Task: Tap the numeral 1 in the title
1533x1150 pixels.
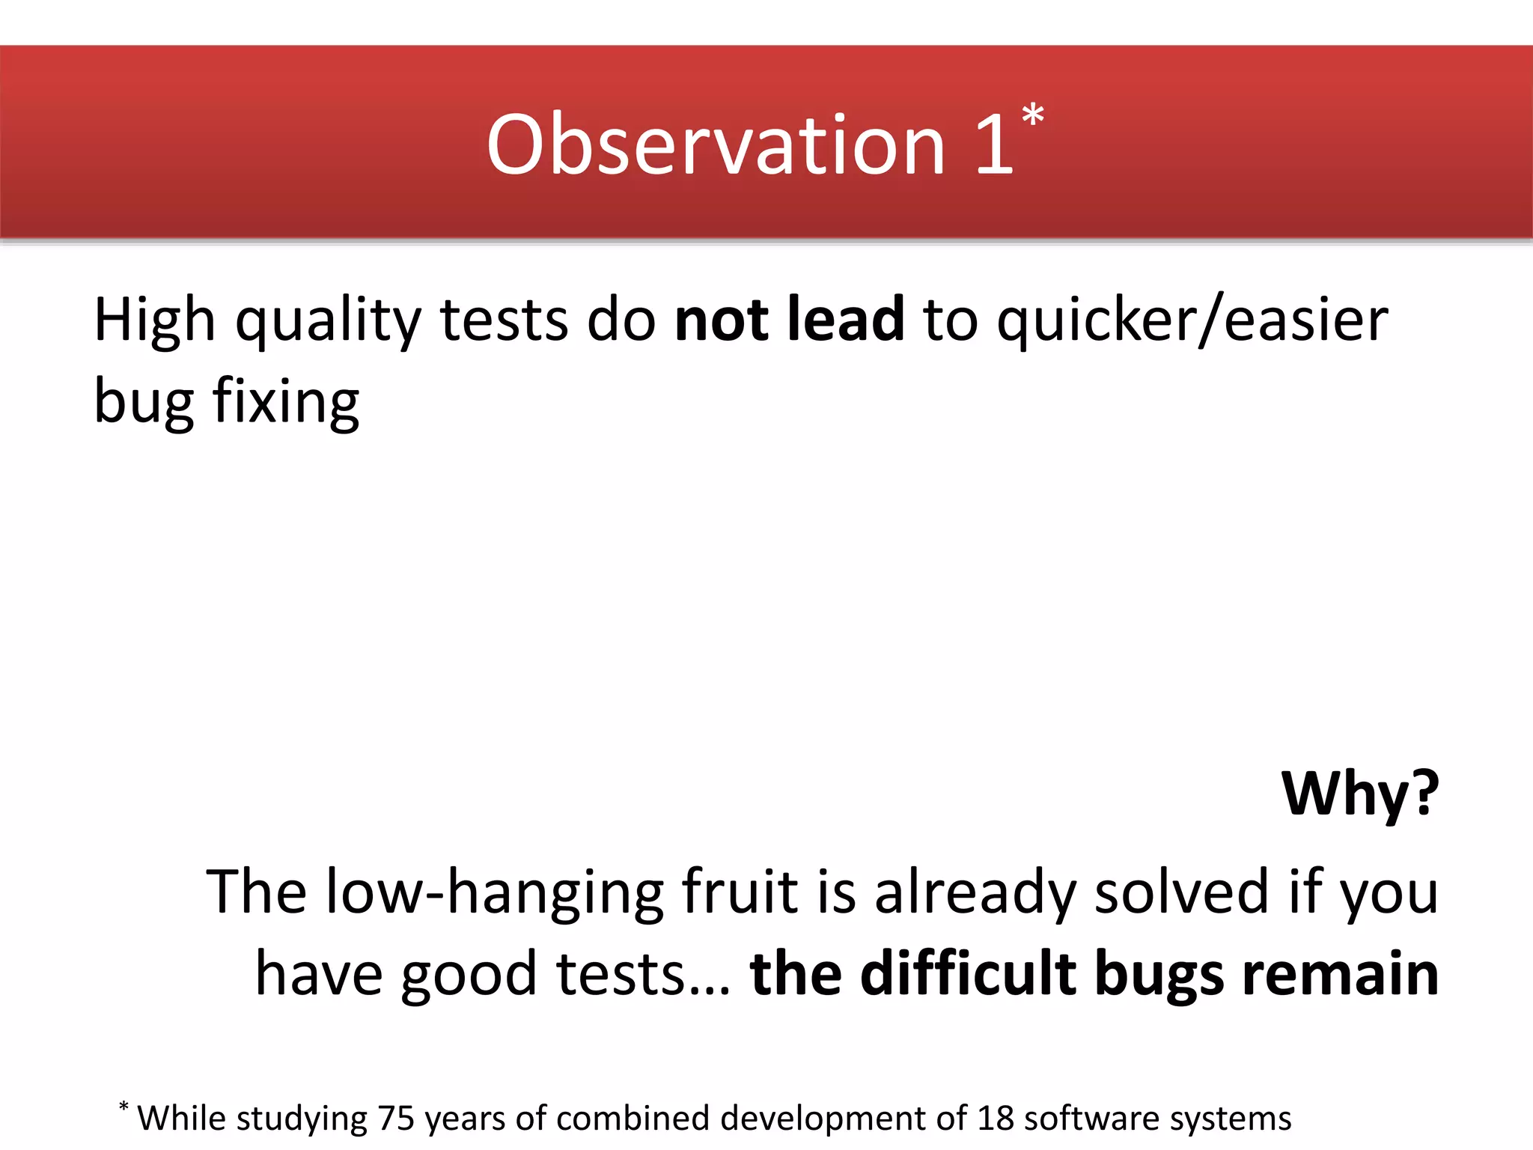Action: click(x=994, y=145)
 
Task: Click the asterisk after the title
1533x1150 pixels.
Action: click(x=1033, y=117)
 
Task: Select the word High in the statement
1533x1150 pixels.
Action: click(x=155, y=320)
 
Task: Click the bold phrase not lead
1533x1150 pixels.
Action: click(x=789, y=319)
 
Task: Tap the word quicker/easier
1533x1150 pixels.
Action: click(x=1192, y=320)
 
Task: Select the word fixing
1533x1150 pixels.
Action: click(x=286, y=402)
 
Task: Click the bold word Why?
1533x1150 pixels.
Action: click(x=1359, y=794)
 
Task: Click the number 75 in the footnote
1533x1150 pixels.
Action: click(x=396, y=1119)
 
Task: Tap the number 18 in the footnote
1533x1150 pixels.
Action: click(x=996, y=1119)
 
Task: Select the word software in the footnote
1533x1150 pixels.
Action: click(x=1091, y=1119)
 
